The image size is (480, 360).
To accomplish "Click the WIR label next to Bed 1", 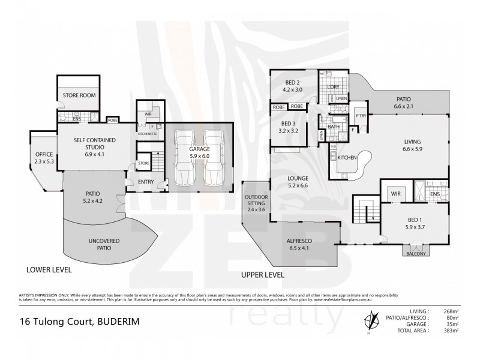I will [395, 194].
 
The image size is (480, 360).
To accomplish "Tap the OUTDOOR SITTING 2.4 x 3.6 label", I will [255, 203].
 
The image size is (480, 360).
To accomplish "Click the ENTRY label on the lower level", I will [145, 182].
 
